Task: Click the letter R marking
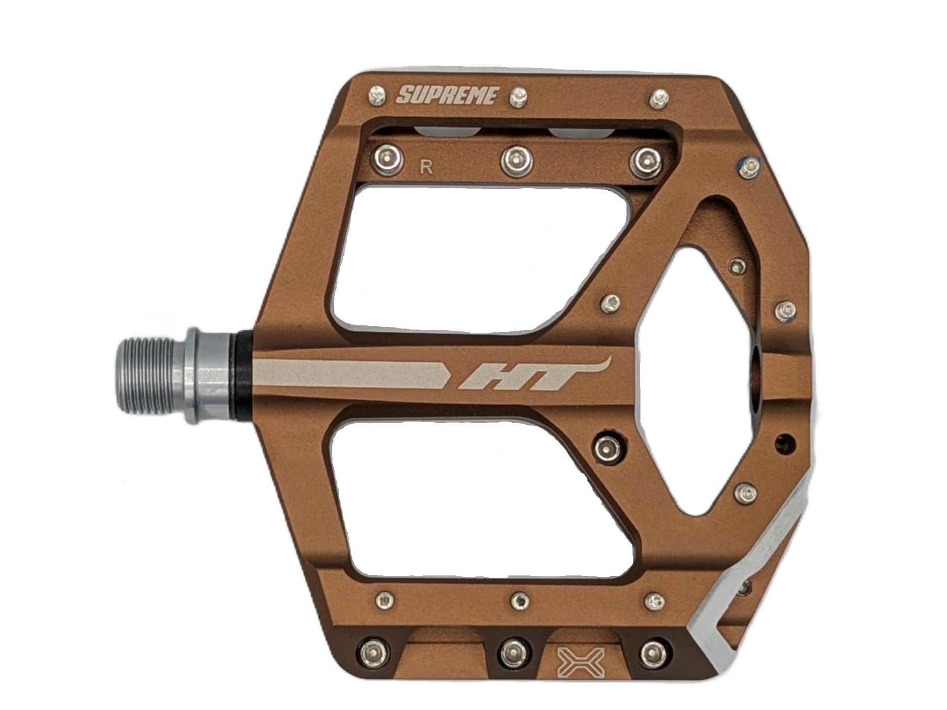pos(427,168)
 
